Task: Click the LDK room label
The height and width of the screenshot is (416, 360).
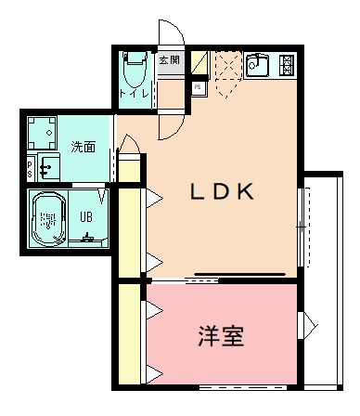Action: tap(222, 191)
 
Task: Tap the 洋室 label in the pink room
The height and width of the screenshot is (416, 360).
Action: tap(221, 335)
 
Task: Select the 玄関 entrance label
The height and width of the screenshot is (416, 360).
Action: tap(169, 59)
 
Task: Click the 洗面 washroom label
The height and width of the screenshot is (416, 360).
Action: tap(84, 146)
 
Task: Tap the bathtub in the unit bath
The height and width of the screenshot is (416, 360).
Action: tap(46, 221)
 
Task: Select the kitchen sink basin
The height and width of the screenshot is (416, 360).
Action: tap(257, 65)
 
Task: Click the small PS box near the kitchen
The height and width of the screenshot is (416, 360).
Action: tap(198, 87)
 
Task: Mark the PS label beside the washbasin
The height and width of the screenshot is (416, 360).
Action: tap(30, 168)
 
